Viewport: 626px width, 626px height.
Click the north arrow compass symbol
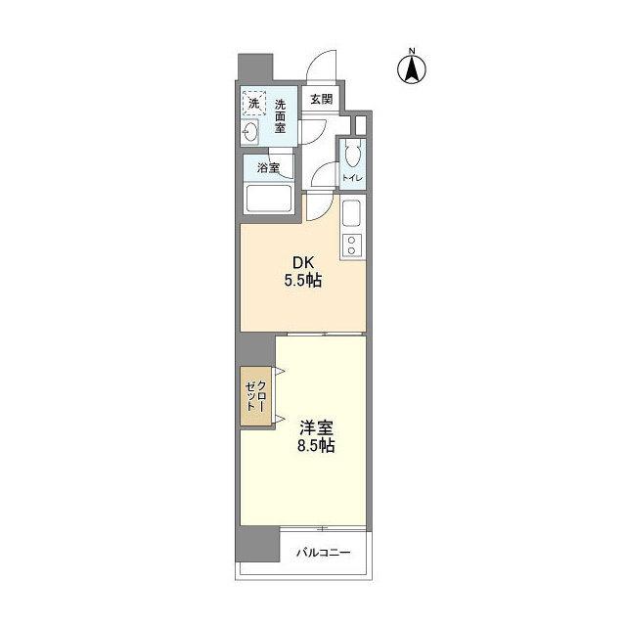click(x=413, y=69)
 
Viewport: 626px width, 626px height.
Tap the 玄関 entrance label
click(x=322, y=99)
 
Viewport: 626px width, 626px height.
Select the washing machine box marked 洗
click(x=253, y=102)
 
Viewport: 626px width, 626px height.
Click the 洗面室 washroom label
click(x=281, y=114)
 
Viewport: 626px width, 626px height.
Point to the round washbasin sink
click(x=251, y=132)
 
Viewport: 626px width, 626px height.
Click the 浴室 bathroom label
click(x=268, y=168)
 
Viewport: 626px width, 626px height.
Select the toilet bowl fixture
click(x=353, y=154)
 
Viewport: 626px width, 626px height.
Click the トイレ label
click(x=352, y=178)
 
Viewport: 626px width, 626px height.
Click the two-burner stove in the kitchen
click(x=352, y=246)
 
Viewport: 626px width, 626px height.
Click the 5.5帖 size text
click(x=304, y=281)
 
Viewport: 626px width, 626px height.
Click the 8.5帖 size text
click(x=317, y=446)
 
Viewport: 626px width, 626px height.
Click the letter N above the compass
click(x=413, y=51)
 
